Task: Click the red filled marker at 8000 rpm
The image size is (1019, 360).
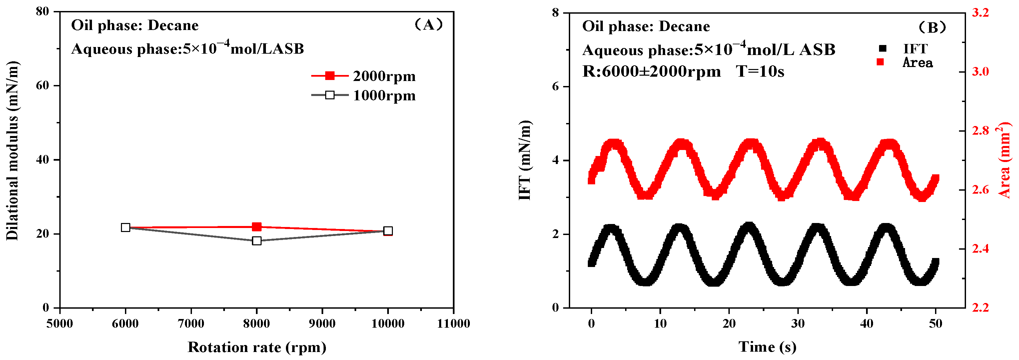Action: (257, 227)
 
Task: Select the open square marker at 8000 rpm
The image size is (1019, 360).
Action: (257, 241)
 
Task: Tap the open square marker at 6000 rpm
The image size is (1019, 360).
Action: (125, 227)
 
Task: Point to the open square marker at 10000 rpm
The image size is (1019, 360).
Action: (388, 231)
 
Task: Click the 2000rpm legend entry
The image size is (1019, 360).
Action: (364, 76)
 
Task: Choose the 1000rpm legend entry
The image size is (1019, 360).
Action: (364, 95)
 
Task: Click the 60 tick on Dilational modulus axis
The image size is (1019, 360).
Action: (42, 85)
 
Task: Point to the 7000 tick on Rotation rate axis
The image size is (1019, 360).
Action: (191, 324)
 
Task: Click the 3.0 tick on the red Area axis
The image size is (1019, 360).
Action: (980, 72)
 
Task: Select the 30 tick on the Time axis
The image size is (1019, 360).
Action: (798, 324)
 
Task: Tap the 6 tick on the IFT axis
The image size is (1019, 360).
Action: (555, 86)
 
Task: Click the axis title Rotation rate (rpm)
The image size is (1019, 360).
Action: (257, 347)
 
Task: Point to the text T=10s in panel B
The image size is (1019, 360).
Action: (760, 72)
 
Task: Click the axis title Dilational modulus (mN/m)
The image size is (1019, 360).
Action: (13, 150)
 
